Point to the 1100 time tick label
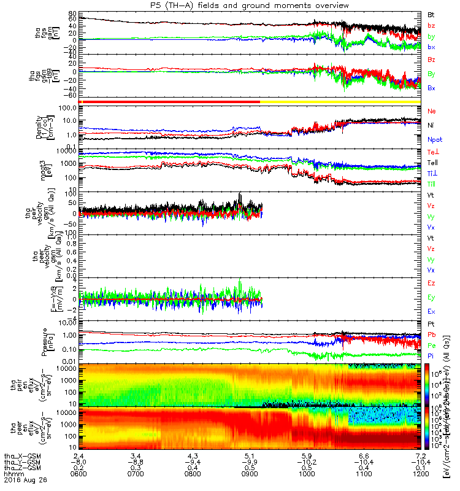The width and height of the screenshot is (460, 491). pyautogui.click(x=363, y=474)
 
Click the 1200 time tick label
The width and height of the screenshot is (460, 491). pyautogui.click(x=418, y=474)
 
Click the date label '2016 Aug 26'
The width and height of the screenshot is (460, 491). pyautogui.click(x=21, y=481)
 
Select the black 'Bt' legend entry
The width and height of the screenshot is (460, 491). pyautogui.click(x=431, y=14)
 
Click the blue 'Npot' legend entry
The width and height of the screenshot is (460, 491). pyautogui.click(x=434, y=140)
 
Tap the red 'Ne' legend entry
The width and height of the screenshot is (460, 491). pyautogui.click(x=432, y=111)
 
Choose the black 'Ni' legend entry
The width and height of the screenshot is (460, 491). pyautogui.click(x=431, y=125)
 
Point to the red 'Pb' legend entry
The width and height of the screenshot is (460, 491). pyautogui.click(x=432, y=334)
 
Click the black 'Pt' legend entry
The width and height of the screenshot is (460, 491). pyautogui.click(x=431, y=324)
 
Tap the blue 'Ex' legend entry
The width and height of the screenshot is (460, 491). pyautogui.click(x=432, y=312)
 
